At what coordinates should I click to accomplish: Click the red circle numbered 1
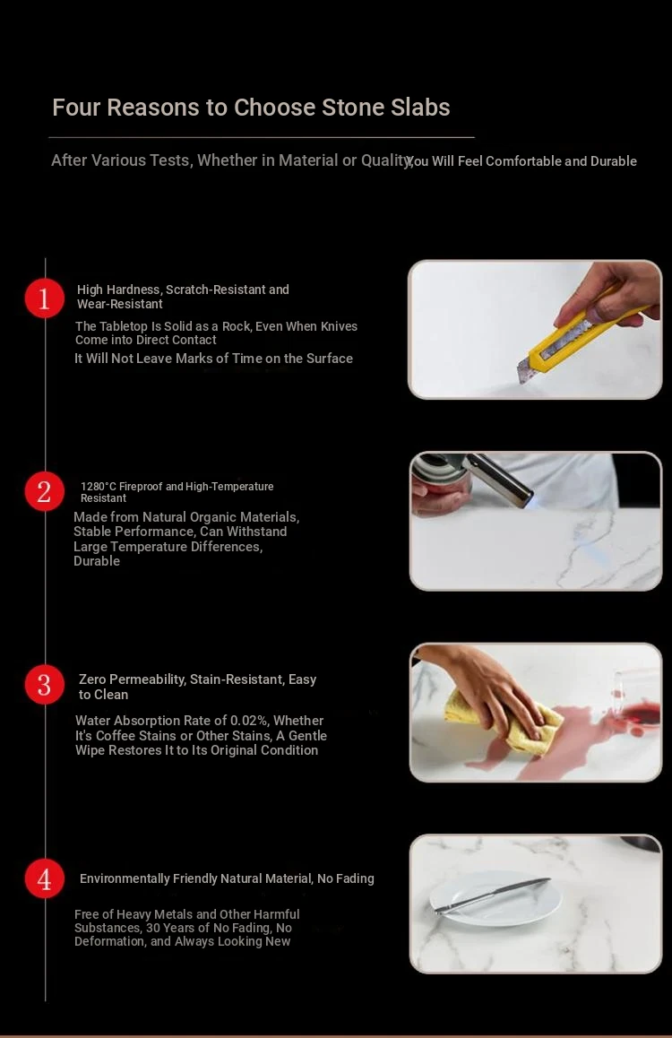coord(44,298)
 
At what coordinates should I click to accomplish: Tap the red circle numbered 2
coord(44,491)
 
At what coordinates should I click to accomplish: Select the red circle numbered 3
coord(44,685)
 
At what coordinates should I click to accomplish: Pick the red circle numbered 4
coord(44,878)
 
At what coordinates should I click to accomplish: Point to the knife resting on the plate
coord(492,895)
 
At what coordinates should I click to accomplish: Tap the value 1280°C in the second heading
coord(98,487)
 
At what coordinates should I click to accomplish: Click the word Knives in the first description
coord(339,326)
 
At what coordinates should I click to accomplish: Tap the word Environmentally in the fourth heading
coord(125,878)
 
